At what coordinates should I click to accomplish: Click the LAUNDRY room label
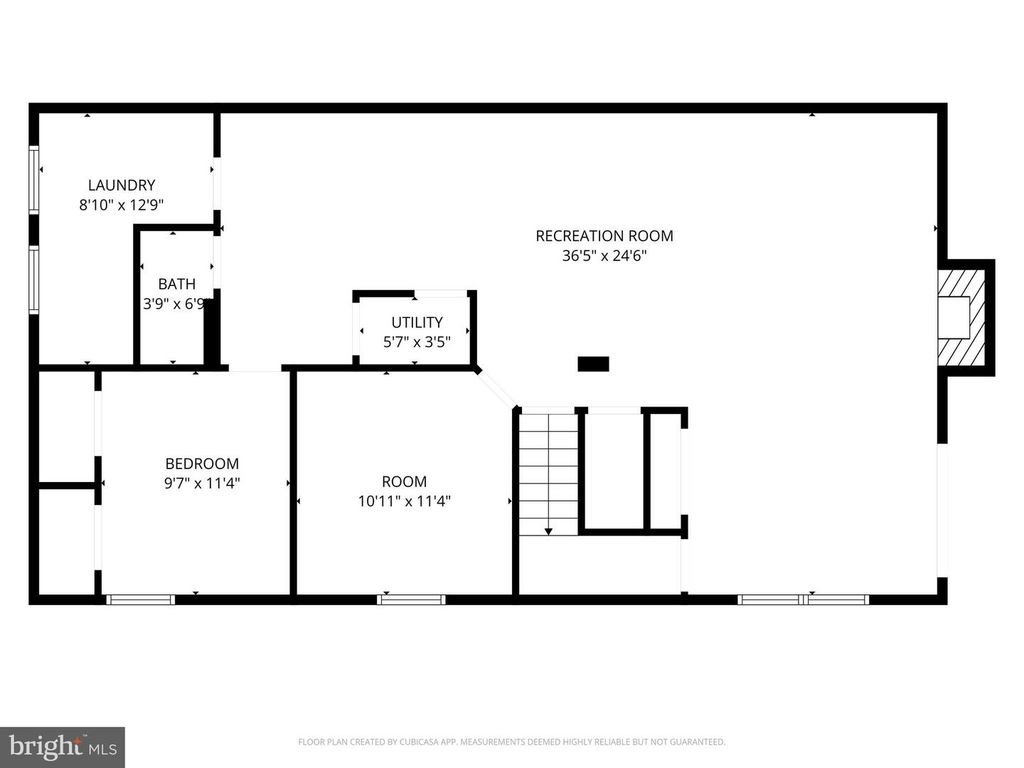[x=121, y=185]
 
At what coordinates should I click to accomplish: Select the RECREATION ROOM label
[x=604, y=236]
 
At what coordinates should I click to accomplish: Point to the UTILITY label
[x=416, y=322]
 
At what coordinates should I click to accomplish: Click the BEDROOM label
[x=202, y=463]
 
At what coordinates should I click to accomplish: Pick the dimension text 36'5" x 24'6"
[x=604, y=255]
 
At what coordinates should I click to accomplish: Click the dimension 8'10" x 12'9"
[x=121, y=204]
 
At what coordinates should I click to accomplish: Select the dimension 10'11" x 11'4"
[x=404, y=501]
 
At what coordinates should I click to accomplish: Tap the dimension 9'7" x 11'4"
[x=202, y=482]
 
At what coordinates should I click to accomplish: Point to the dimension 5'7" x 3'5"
[x=416, y=341]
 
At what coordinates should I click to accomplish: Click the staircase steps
[x=549, y=470]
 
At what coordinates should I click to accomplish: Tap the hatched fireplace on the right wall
[x=966, y=317]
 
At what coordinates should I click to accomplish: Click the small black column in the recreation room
[x=593, y=364]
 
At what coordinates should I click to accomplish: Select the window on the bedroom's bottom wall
[x=140, y=600]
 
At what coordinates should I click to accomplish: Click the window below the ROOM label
[x=410, y=600]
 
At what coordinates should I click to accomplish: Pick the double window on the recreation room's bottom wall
[x=803, y=600]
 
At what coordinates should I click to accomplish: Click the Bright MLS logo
[x=62, y=746]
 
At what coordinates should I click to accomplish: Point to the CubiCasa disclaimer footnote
[x=511, y=742]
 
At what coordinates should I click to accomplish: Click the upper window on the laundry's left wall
[x=34, y=179]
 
